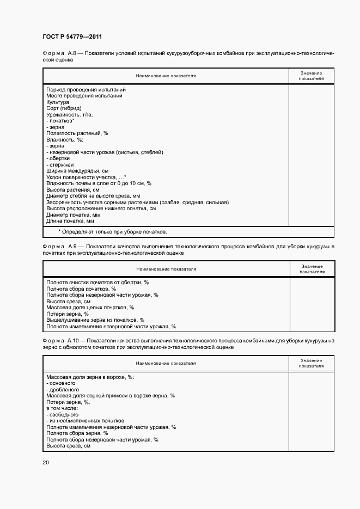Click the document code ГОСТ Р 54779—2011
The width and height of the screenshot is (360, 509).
tap(72, 36)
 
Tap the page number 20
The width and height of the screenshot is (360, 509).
tap(45, 463)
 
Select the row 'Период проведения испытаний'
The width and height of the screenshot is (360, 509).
tap(86, 89)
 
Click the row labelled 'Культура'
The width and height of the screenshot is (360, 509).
tap(58, 102)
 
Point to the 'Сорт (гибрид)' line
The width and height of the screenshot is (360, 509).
tap(64, 108)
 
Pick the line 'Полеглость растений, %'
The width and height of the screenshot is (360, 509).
tap(77, 133)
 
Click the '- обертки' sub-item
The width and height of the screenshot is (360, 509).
tap(62, 158)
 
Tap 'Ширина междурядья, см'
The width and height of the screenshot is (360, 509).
tap(77, 171)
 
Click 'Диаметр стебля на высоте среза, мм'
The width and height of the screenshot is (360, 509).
tap(94, 196)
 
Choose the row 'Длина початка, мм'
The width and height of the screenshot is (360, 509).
tap(70, 221)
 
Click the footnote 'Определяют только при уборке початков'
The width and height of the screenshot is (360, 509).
tap(113, 232)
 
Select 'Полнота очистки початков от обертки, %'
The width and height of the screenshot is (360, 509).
tap(98, 283)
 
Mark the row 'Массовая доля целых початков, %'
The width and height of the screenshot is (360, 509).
tap(90, 308)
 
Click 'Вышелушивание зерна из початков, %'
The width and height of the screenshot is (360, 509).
tap(95, 320)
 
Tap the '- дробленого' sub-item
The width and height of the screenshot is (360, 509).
tap(63, 390)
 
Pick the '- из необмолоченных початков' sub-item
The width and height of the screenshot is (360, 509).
tap(86, 421)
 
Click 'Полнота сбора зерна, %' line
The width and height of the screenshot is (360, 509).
tap(77, 433)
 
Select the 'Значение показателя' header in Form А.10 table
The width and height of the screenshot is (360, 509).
tap(312, 363)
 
